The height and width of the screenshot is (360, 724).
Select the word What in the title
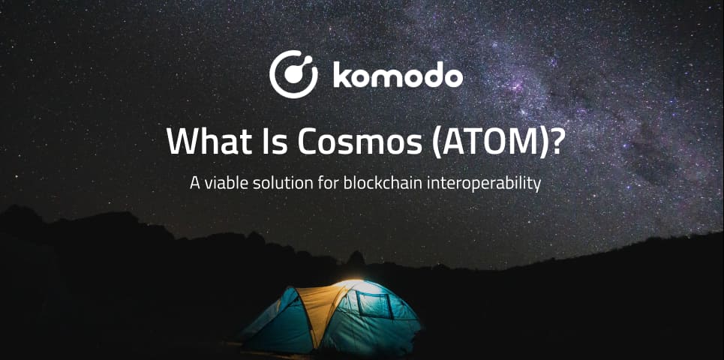pyautogui.click(x=202, y=141)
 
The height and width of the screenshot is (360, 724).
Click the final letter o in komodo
pyautogui.click(x=452, y=78)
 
